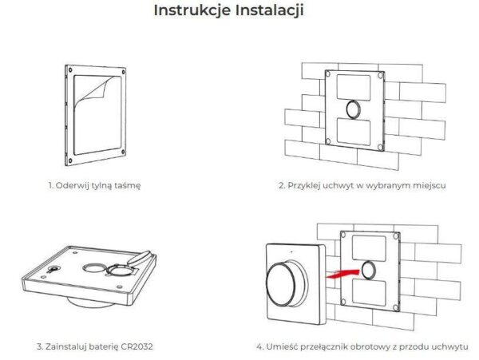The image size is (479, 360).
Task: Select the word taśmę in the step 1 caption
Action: click(126, 184)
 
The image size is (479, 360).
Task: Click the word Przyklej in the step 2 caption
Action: click(308, 184)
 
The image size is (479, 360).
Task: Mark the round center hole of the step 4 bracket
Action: click(370, 269)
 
